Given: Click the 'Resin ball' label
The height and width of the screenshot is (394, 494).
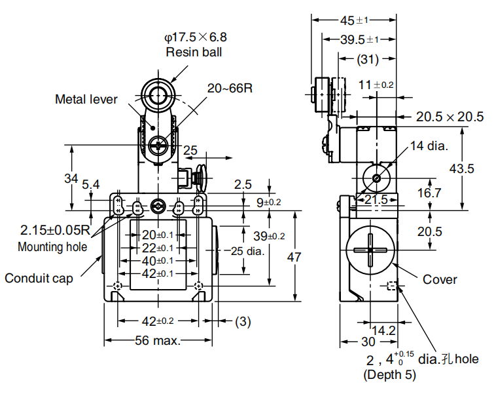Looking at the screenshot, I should point(194,52).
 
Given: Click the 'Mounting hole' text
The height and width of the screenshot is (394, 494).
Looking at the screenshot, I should point(52,246).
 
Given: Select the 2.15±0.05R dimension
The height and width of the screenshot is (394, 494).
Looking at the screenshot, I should point(54,230).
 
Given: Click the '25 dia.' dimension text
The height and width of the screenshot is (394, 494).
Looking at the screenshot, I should point(251,250).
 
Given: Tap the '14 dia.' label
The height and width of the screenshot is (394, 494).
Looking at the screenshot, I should point(429,146).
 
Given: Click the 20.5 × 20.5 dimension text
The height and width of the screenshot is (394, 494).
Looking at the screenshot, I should point(450,117).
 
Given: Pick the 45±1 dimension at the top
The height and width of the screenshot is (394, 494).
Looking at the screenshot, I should point(354,20).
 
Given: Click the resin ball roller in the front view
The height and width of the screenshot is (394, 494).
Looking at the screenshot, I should point(157,95).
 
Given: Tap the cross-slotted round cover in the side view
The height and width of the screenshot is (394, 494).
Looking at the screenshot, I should point(370,249).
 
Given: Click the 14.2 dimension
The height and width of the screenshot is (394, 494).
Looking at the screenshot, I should point(383,330).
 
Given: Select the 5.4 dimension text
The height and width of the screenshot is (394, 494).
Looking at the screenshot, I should point(90,186).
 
